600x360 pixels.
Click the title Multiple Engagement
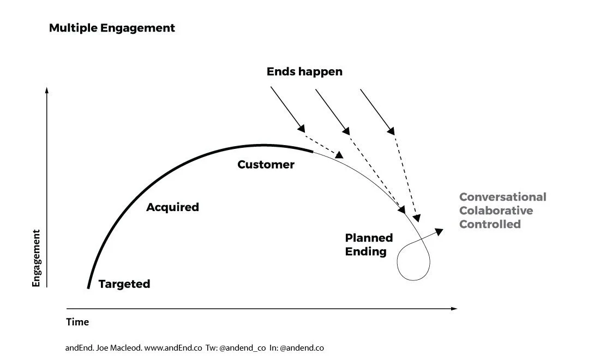click(x=112, y=28)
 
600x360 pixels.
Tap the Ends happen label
click(x=304, y=71)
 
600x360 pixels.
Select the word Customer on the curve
click(x=266, y=164)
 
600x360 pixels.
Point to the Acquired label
click(x=172, y=207)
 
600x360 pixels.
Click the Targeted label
click(x=124, y=284)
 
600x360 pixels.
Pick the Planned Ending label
click(x=369, y=244)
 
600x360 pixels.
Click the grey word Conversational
click(x=502, y=197)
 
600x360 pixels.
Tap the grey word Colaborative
click(x=496, y=211)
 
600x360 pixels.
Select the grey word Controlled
click(x=490, y=224)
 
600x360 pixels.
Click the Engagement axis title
click(x=37, y=258)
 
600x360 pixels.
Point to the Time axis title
click(x=77, y=322)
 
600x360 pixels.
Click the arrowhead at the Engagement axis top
click(x=47, y=91)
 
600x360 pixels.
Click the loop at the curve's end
click(x=413, y=262)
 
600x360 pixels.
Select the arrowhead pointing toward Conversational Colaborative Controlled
click(x=440, y=231)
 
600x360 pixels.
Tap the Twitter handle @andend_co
click(x=242, y=347)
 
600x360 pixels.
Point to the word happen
click(x=321, y=71)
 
